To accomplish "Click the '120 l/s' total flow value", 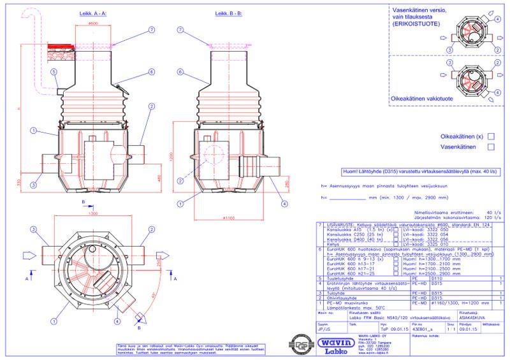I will (488, 217).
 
